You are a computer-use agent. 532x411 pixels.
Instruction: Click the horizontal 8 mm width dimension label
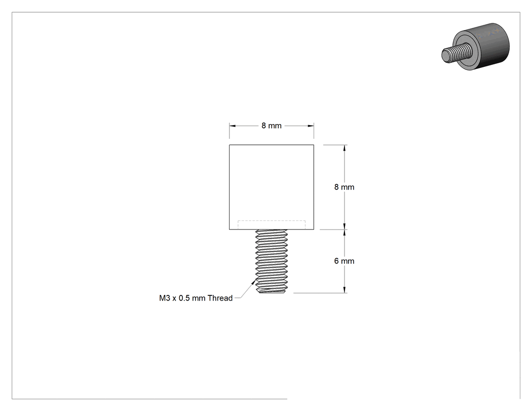(x=272, y=126)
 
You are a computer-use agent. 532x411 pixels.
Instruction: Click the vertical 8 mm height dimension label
(x=344, y=187)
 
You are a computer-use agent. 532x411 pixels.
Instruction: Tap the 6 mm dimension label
(x=344, y=261)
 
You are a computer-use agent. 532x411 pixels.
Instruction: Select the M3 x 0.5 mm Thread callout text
(x=196, y=298)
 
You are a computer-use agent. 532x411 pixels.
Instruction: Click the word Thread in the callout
(x=220, y=298)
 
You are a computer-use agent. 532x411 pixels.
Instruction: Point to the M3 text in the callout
(x=164, y=298)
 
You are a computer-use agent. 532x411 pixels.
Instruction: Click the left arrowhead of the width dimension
(x=233, y=126)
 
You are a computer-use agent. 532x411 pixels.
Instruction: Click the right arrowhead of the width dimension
(x=311, y=126)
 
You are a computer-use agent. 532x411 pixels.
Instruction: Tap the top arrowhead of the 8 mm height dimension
(x=345, y=148)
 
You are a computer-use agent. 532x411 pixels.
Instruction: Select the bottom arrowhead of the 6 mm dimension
(x=345, y=289)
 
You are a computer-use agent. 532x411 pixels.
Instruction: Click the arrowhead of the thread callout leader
(x=254, y=281)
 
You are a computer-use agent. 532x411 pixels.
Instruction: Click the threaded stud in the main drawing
(x=272, y=261)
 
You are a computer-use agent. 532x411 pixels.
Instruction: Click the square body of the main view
(x=272, y=187)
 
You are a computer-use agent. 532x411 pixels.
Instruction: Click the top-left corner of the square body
(x=230, y=145)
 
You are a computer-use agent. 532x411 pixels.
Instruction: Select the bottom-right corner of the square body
(x=314, y=230)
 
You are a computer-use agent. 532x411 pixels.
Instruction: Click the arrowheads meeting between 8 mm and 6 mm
(x=345, y=230)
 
